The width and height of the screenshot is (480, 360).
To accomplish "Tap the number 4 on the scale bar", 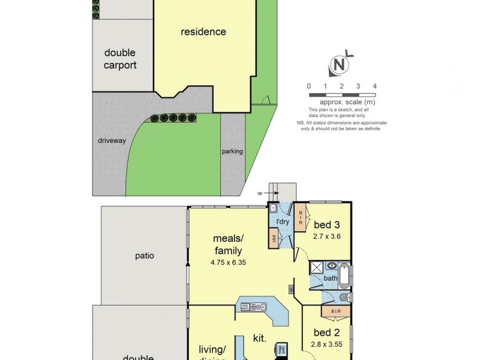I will pos(374,86).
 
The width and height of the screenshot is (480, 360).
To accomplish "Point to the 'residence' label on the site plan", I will pos(203,32).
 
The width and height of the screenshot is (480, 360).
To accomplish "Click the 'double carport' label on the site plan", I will pos(120,59).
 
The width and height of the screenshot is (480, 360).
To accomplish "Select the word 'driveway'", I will pos(112,140).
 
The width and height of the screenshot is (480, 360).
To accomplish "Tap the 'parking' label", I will pos(232,151).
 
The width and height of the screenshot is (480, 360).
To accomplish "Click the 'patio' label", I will pos(144,256).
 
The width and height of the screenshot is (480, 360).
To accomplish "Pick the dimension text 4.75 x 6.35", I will pos(228,262).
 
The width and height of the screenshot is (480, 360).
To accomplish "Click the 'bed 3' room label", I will pos(327,225).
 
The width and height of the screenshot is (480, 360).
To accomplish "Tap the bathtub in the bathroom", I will pos(345,278).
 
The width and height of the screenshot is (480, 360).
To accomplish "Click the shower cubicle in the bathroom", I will pos(317,268).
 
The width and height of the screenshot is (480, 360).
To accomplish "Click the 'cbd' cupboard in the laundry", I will pos(274,238).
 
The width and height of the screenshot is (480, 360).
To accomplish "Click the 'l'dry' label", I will pos(283,222).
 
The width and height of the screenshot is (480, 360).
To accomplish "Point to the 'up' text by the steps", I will pos(259,193).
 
